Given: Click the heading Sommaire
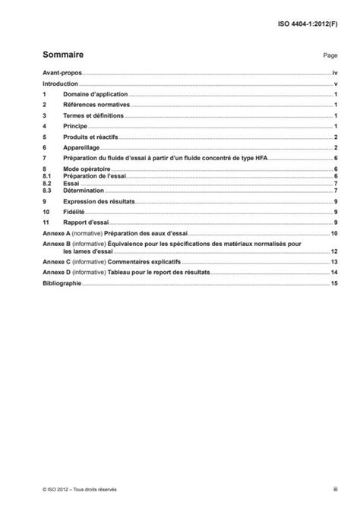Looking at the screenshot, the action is [63, 55].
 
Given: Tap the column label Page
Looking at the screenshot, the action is [330, 56].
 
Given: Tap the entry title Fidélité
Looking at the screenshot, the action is [76, 211].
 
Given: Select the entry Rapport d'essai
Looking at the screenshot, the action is [87, 222].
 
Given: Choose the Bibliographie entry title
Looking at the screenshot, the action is [62, 282].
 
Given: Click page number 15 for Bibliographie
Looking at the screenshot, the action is [333, 282].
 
